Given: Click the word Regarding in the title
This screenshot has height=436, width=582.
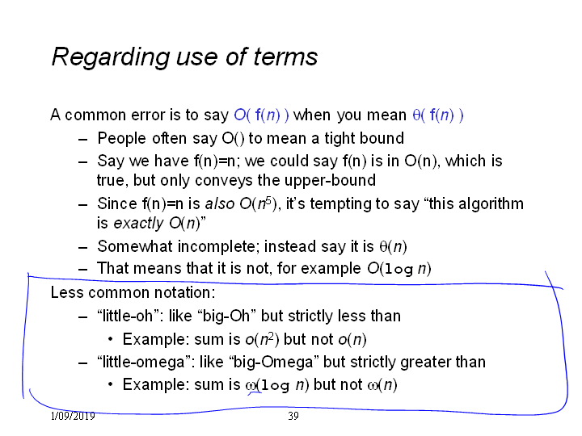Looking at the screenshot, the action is (111, 57).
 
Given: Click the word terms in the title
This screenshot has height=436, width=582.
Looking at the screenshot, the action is (285, 57).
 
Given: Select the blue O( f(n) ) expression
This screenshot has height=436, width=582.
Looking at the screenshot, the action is (261, 115).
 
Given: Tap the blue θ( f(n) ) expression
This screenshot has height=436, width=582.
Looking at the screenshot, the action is (438, 115).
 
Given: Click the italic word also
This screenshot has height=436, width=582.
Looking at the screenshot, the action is (220, 204).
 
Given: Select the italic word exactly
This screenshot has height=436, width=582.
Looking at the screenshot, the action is (137, 224).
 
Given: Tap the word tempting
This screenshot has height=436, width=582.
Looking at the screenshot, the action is (341, 204).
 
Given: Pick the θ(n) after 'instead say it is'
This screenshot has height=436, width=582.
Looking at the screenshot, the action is (393, 247).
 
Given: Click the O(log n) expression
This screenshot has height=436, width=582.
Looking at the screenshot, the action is (399, 268).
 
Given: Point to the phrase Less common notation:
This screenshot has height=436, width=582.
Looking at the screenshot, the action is (133, 292).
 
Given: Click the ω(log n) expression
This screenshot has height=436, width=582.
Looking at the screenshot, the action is (277, 385).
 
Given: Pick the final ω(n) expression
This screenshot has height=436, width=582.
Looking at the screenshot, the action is (382, 385).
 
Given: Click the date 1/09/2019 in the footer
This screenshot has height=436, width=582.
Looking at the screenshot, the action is (73, 416).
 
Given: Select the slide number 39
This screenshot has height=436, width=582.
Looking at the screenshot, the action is (293, 416).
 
